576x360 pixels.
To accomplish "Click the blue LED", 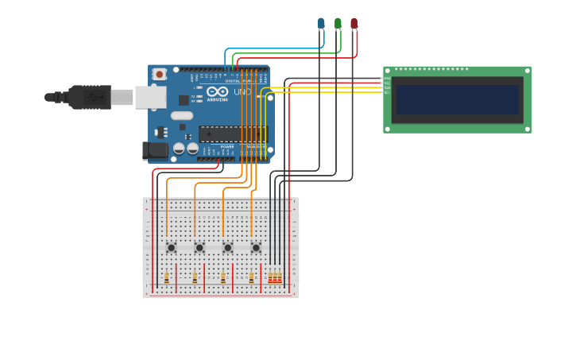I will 321,24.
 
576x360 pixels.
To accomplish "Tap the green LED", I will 338,24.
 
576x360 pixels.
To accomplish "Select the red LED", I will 354,24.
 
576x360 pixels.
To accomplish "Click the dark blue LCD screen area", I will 457,100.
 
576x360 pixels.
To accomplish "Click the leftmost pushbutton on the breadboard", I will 171,248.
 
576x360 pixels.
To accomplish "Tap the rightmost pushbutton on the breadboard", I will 256,248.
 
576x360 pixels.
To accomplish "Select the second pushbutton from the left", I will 199,248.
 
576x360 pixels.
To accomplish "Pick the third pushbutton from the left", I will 227,248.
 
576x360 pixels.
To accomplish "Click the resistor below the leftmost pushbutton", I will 167,278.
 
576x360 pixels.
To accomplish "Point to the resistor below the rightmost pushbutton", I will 251,278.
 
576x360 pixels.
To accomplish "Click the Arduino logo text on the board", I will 217,95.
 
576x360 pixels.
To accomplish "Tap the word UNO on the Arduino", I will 242,92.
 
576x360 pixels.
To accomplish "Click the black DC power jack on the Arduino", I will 155,149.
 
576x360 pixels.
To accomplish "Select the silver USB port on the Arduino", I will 149,97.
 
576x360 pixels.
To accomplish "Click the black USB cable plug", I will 89,97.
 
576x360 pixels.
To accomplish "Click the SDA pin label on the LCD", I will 387,87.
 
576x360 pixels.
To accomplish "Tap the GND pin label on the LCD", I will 387,79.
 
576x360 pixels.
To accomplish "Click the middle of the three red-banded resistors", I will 275,278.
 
